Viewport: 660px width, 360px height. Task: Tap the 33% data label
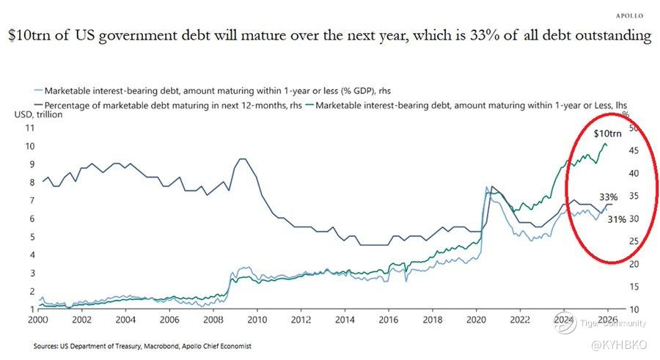click(x=608, y=197)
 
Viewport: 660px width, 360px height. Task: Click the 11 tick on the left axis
click(x=30, y=128)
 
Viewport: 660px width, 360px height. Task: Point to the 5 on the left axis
click(x=32, y=237)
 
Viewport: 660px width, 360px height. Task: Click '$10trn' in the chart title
click(x=30, y=35)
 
